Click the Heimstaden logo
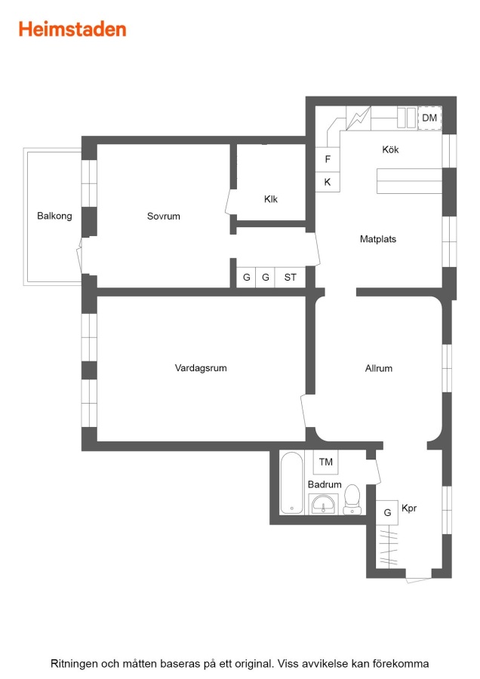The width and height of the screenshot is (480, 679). coord(72,29)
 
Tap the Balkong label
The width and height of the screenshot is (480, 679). coord(54,216)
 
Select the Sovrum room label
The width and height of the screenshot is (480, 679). coord(163,216)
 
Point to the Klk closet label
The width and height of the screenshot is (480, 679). coord(271,199)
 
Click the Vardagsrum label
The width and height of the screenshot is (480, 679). coord(201,368)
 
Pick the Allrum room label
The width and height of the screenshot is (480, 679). coord(379,368)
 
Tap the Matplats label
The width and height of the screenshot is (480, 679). coord(378,239)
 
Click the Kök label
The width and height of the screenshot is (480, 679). coord(390,149)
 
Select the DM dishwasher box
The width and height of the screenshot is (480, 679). coord(429,118)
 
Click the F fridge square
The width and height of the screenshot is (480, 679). coord(328,159)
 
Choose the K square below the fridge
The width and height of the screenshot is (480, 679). coord(328,182)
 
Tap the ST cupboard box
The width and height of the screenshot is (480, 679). coord(291,277)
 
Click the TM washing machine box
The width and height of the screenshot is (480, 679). coord(326,462)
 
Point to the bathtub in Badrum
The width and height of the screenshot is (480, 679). coord(291,483)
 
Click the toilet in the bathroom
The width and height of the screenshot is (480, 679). coord(352,499)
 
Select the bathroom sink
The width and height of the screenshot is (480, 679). coord(323,505)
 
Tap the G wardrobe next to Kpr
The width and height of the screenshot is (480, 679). coord(387,513)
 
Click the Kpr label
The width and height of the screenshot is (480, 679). coord(409,508)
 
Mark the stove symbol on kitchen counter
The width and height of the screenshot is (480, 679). coord(358,118)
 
